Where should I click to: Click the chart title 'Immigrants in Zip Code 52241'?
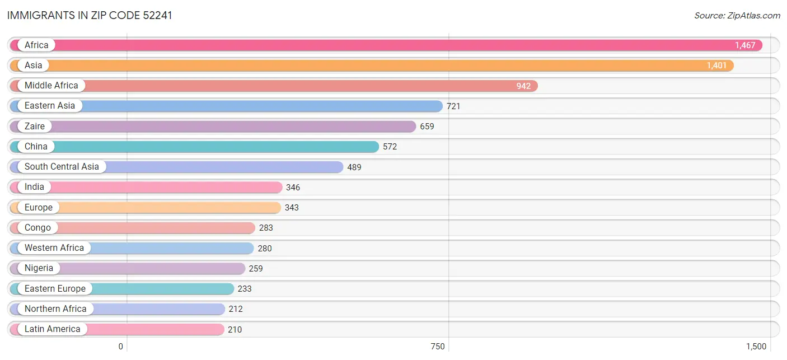[x=90, y=15]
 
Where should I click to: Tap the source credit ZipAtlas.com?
[x=737, y=16]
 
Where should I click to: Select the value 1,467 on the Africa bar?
[x=745, y=45]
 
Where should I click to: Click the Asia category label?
[x=34, y=65]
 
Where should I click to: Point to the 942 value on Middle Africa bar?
[x=523, y=86]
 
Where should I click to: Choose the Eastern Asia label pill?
[x=50, y=105]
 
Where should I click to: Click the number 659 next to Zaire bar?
[x=427, y=126]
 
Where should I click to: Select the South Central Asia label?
[x=62, y=166]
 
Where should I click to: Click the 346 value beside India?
[x=293, y=187]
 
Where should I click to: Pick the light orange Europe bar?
[x=145, y=207]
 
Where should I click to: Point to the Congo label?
[x=38, y=227]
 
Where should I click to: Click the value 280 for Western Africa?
[x=265, y=248]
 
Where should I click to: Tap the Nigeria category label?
[x=39, y=268]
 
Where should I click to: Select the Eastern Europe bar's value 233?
[x=245, y=289]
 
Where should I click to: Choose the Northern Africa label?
[x=55, y=308]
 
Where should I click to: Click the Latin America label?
[x=53, y=329]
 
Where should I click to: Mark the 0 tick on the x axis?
[x=120, y=347]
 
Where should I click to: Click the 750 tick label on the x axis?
[x=438, y=347]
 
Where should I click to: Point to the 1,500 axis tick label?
[x=756, y=347]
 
